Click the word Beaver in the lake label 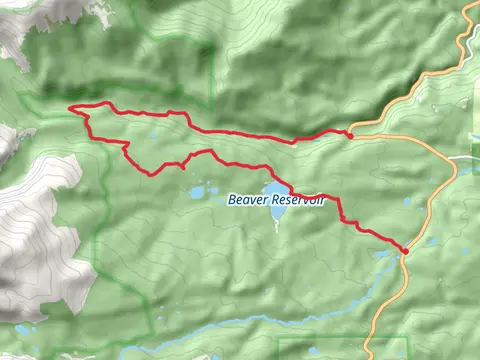[x=244, y=199]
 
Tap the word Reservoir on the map [x=297, y=200]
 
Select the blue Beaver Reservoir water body [x=273, y=191]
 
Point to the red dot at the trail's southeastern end [x=405, y=251]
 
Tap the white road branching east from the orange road [x=466, y=158]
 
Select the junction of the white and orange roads [x=449, y=159]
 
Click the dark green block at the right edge [x=475, y=120]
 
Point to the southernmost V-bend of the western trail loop [x=151, y=173]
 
